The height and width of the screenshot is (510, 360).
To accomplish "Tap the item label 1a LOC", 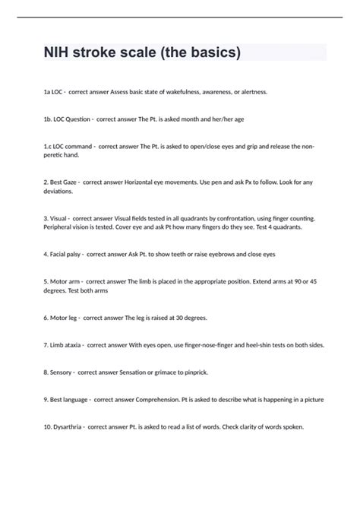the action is tap(54, 92).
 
